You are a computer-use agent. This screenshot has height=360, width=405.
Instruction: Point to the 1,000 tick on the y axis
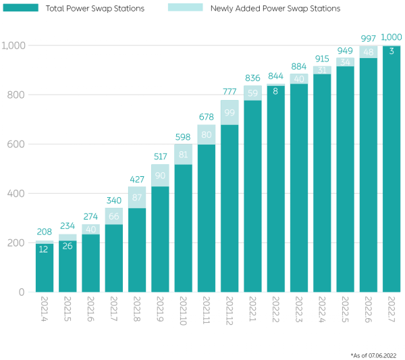click(x=13, y=45)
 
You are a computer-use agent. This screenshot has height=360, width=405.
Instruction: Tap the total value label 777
click(x=230, y=91)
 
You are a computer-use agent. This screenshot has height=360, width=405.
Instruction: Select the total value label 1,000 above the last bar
click(x=391, y=37)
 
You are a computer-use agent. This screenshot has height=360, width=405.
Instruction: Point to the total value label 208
click(x=45, y=232)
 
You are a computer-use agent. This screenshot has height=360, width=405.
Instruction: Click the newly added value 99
click(x=230, y=112)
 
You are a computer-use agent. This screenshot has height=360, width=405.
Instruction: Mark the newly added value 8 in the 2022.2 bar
click(x=275, y=91)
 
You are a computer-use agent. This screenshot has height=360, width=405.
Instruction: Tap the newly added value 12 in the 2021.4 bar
click(x=45, y=249)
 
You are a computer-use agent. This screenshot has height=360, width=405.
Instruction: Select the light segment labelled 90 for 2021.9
click(x=160, y=175)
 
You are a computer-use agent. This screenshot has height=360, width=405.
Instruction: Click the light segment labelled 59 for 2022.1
click(x=252, y=93)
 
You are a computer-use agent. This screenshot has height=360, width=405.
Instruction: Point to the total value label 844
click(x=275, y=76)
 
